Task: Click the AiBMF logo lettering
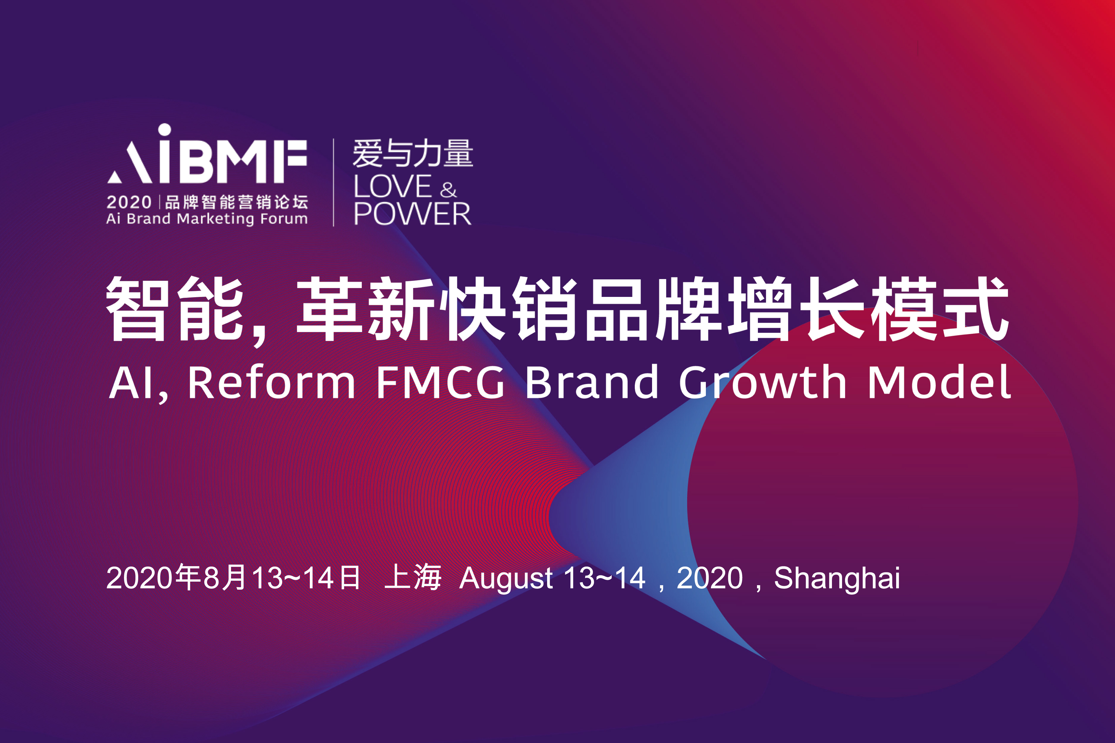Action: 207,154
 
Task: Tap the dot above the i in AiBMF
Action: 164,130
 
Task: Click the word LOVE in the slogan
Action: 392,186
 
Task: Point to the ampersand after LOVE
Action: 448,190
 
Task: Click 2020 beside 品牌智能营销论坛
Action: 129,202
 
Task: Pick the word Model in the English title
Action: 940,381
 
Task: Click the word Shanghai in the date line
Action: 837,579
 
